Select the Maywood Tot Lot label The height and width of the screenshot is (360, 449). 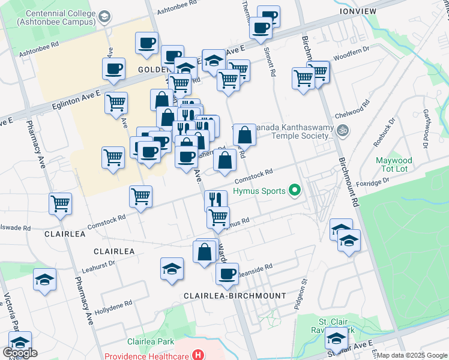click(394, 165)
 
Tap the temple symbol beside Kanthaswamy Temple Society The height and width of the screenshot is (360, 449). click(343, 130)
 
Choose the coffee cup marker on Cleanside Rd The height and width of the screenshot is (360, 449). click(227, 274)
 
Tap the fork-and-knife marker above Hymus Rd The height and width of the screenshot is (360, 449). click(215, 200)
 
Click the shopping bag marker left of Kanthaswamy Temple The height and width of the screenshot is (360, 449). click(244, 134)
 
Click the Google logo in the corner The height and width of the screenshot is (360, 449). click(20, 353)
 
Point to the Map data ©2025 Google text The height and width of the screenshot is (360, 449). click(412, 355)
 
